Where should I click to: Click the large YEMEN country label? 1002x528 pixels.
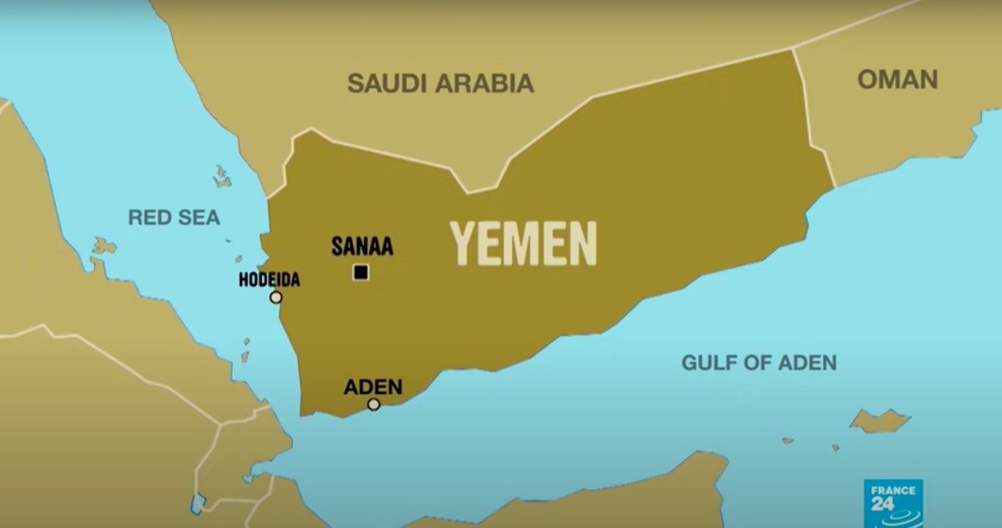tap(523, 243)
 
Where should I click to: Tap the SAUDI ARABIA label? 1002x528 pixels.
tap(440, 83)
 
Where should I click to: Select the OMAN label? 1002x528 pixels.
tap(897, 79)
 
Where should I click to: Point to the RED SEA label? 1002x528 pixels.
tap(174, 218)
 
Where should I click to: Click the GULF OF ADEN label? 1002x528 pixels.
tap(759, 363)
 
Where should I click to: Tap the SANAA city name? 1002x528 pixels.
tap(362, 247)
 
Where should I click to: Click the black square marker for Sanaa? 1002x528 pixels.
tap(361, 272)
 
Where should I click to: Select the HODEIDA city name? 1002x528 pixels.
tap(269, 280)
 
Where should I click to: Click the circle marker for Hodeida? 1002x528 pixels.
tap(276, 297)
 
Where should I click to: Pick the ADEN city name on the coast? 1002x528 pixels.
tap(373, 387)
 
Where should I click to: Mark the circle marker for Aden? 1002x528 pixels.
tap(373, 404)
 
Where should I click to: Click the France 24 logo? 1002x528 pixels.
tap(893, 503)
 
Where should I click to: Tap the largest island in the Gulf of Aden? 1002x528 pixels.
tap(880, 421)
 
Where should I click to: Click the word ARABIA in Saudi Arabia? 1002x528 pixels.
tap(484, 83)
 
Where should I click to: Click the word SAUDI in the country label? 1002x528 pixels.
tap(387, 83)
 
